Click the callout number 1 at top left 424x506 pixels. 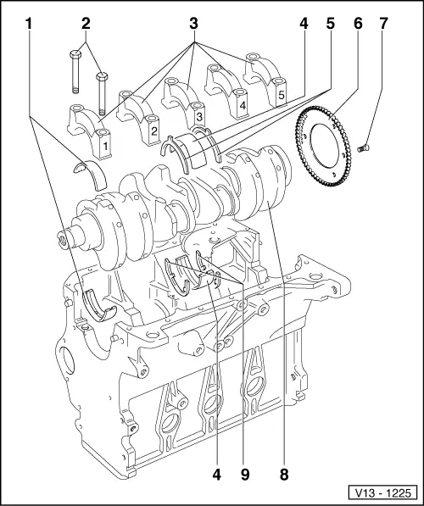click(29, 24)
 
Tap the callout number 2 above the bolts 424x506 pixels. click(86, 24)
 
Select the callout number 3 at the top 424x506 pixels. click(193, 24)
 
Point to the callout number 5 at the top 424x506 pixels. click(330, 24)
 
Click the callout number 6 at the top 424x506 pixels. click(358, 24)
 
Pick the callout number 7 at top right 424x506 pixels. click(383, 24)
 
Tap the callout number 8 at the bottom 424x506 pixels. click(284, 475)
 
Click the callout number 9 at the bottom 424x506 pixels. click(245, 475)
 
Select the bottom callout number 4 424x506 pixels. click(217, 475)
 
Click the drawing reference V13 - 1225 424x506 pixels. click(382, 492)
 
